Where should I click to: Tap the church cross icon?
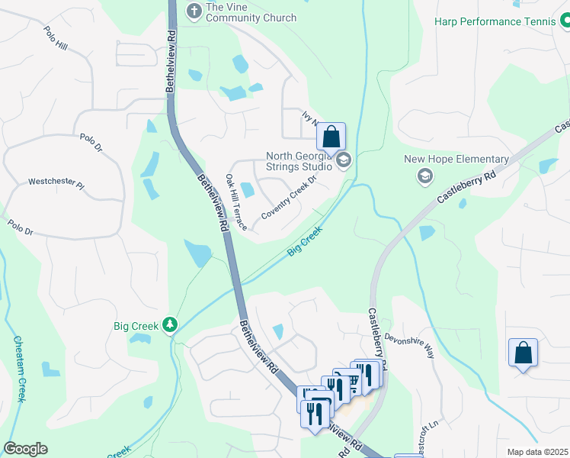coord(194,11)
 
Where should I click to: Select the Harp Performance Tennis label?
coord(495,21)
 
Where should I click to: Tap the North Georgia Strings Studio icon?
coord(343,160)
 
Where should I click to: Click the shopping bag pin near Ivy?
coord(331,137)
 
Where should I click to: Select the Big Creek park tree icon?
coord(170,326)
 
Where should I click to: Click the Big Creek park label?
coord(136,326)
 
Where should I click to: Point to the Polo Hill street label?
coord(56,39)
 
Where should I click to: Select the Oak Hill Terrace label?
coord(235,202)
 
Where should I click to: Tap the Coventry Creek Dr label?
coord(288,198)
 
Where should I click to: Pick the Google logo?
coord(26,449)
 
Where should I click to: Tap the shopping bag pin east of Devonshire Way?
coord(523,353)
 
